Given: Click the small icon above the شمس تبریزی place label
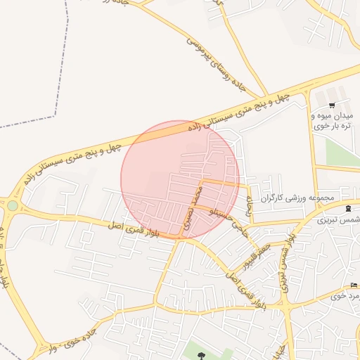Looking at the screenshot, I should pyautogui.click(x=349, y=209).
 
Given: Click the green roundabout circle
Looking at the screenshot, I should pyautogui.click(x=12, y=206).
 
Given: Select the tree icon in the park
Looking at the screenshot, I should pyautogui.click(x=202, y=356).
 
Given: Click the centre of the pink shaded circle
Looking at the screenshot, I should pyautogui.click(x=180, y=179).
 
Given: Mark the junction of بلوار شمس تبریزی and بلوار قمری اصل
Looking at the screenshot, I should pyautogui.click(x=287, y=307).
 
